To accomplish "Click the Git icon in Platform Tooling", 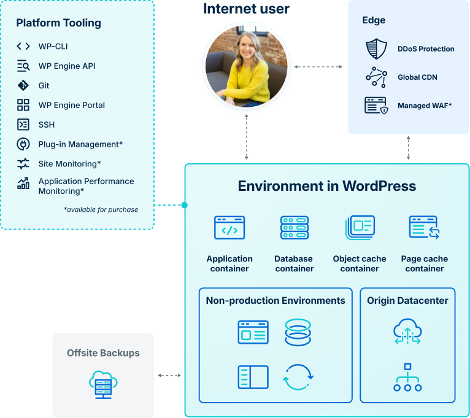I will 23,85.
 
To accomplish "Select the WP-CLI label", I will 52,46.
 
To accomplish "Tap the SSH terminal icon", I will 23,125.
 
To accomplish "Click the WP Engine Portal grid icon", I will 23,105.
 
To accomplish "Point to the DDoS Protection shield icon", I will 376,48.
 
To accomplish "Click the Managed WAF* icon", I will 376,106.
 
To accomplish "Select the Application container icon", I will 229,228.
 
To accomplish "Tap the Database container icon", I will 295,228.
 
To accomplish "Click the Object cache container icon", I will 360,228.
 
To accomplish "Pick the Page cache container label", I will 425,264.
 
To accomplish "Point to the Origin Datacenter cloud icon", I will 407,331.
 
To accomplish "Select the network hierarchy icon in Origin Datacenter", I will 407,377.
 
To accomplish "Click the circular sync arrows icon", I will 298,377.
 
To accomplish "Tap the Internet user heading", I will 246,9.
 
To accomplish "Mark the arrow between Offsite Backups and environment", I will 169,375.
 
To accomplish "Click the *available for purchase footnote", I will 101,209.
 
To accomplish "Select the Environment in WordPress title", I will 326,186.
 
